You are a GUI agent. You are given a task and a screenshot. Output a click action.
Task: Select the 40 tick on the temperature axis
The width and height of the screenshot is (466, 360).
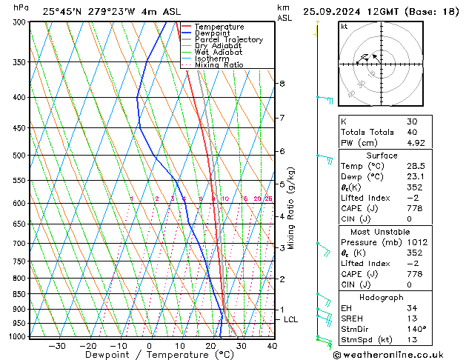pyautogui.click(x=271, y=345)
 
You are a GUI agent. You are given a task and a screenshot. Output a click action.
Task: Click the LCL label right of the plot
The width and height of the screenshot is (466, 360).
pyautogui.click(x=291, y=319)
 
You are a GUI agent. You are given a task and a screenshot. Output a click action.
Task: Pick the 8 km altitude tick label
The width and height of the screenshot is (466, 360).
pyautogui.click(x=282, y=84)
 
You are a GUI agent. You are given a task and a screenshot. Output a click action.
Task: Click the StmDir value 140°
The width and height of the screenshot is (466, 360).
pyautogui.click(x=416, y=329)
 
